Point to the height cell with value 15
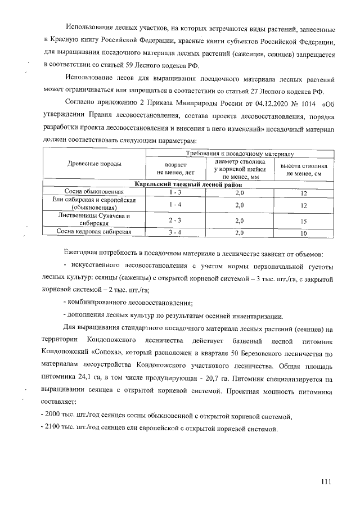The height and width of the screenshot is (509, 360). (304, 220)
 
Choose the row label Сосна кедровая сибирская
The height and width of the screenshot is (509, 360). (94, 231)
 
